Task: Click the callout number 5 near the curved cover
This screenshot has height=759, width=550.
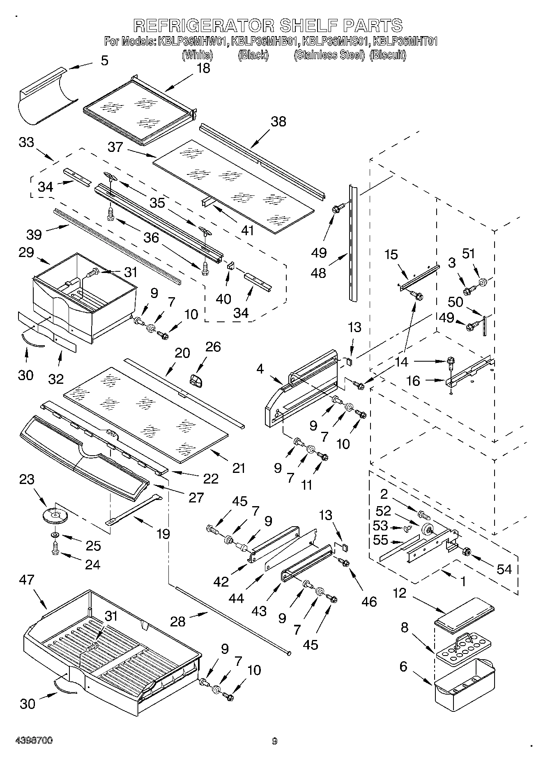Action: tap(105, 61)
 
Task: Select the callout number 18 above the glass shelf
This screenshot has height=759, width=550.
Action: tap(203, 68)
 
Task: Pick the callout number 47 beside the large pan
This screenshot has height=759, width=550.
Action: tap(27, 580)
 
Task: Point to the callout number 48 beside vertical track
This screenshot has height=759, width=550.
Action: tap(319, 273)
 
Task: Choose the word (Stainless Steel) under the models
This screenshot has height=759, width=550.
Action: tap(329, 55)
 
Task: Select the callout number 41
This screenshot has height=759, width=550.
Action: tap(247, 230)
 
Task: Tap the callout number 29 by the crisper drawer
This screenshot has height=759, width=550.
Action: tap(26, 252)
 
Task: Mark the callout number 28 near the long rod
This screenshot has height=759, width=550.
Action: tap(178, 621)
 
